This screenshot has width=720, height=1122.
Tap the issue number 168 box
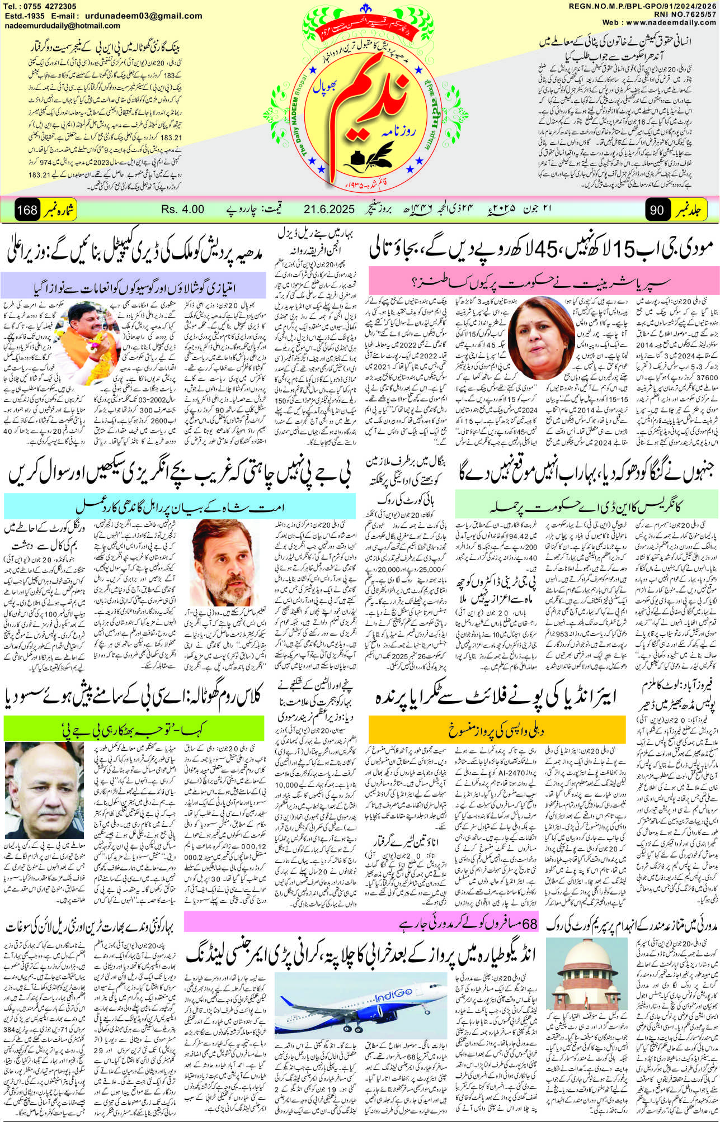click(27, 210)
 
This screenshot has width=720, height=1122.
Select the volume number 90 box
click(657, 210)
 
